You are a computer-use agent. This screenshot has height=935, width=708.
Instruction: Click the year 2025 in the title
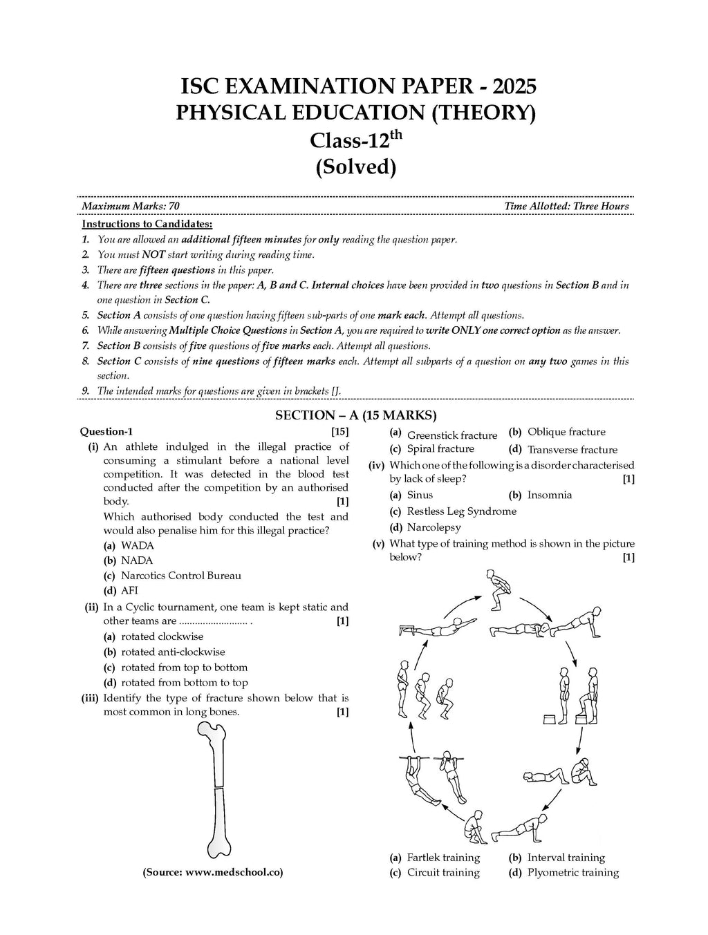(x=511, y=86)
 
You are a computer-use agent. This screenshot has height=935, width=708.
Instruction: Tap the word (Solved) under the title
(x=356, y=167)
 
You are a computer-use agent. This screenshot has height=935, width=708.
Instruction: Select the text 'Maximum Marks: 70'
(x=131, y=206)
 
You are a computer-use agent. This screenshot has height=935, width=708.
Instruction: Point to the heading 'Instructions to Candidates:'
(x=147, y=224)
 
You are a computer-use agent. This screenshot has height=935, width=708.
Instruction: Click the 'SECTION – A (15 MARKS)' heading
(x=356, y=415)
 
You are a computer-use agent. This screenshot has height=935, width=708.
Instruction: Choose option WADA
(x=137, y=545)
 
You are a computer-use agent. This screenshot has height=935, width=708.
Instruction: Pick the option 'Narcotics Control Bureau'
(x=180, y=575)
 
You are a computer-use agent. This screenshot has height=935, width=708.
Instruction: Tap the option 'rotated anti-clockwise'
(x=173, y=652)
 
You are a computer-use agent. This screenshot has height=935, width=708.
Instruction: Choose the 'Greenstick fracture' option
(x=452, y=435)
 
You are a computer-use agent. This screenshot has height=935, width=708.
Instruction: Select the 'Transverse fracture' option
(x=572, y=449)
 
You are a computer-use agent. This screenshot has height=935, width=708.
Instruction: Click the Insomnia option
(x=550, y=495)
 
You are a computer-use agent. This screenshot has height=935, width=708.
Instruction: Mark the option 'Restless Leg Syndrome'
(x=462, y=511)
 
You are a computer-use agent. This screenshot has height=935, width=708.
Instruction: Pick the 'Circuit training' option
(x=443, y=872)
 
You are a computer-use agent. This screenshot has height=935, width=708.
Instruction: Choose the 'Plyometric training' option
(x=573, y=872)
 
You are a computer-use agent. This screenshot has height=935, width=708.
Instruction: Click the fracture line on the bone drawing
(x=216, y=788)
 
